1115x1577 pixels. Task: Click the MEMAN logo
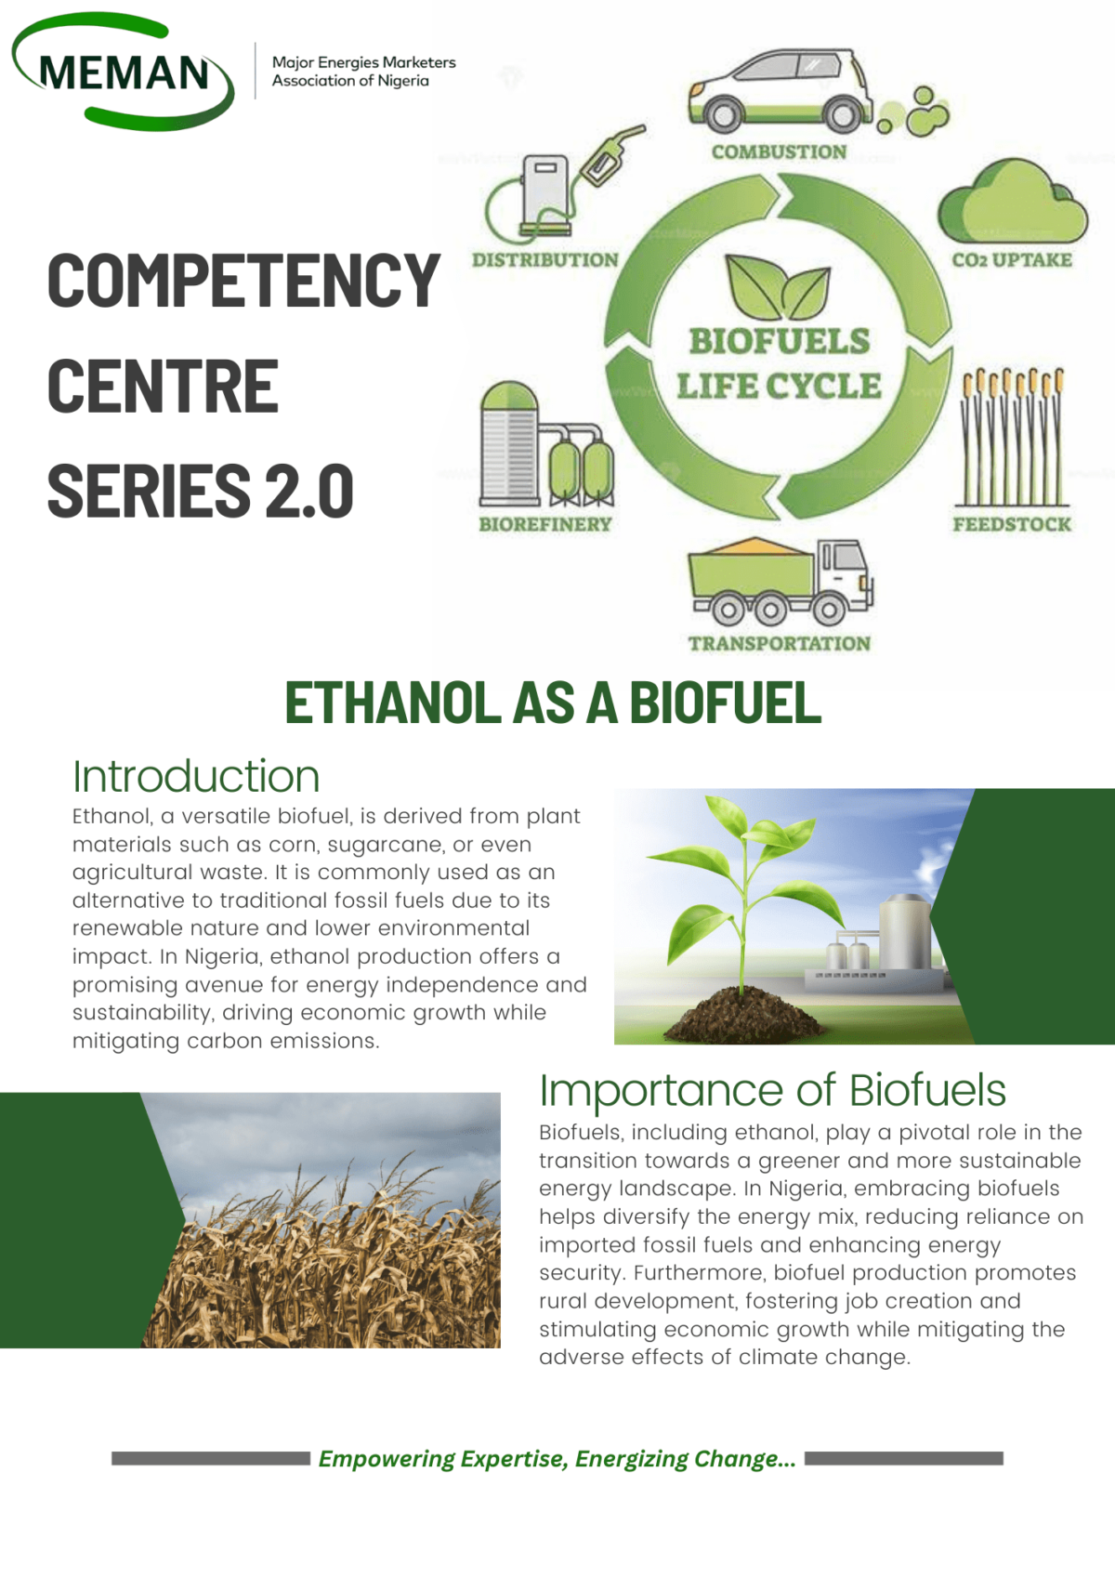point(124,72)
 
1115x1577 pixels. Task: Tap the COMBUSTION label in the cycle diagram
point(779,152)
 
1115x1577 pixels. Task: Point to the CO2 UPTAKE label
point(1011,260)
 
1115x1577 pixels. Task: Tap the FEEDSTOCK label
point(1011,525)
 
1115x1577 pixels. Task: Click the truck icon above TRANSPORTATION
point(779,581)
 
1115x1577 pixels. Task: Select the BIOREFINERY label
point(545,525)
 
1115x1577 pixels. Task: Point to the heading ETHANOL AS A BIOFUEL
point(553,703)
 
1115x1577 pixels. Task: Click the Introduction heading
point(196,777)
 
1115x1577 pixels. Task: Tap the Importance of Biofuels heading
point(772,1090)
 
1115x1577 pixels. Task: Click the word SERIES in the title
point(149,491)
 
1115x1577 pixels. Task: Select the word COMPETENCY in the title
point(243,281)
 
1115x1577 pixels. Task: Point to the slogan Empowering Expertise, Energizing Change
point(557,1459)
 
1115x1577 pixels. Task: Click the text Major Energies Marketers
point(363,62)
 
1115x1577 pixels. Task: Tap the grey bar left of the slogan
point(210,1459)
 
